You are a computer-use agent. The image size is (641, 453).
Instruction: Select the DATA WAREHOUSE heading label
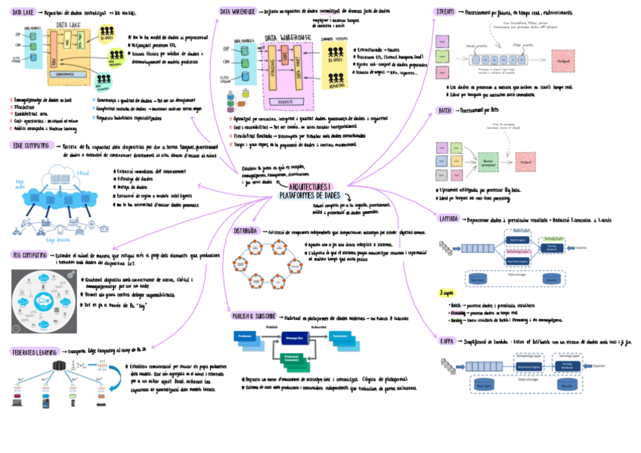click(x=237, y=12)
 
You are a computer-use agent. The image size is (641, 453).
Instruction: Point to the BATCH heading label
click(x=444, y=110)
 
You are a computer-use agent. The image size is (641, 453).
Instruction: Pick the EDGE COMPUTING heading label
click(x=32, y=146)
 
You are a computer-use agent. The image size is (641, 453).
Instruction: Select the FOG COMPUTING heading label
click(x=30, y=256)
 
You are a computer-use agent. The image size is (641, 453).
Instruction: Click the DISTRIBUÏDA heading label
click(x=248, y=230)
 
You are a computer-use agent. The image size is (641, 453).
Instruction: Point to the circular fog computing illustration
click(x=43, y=300)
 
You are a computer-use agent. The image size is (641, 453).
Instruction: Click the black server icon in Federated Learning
click(x=57, y=368)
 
